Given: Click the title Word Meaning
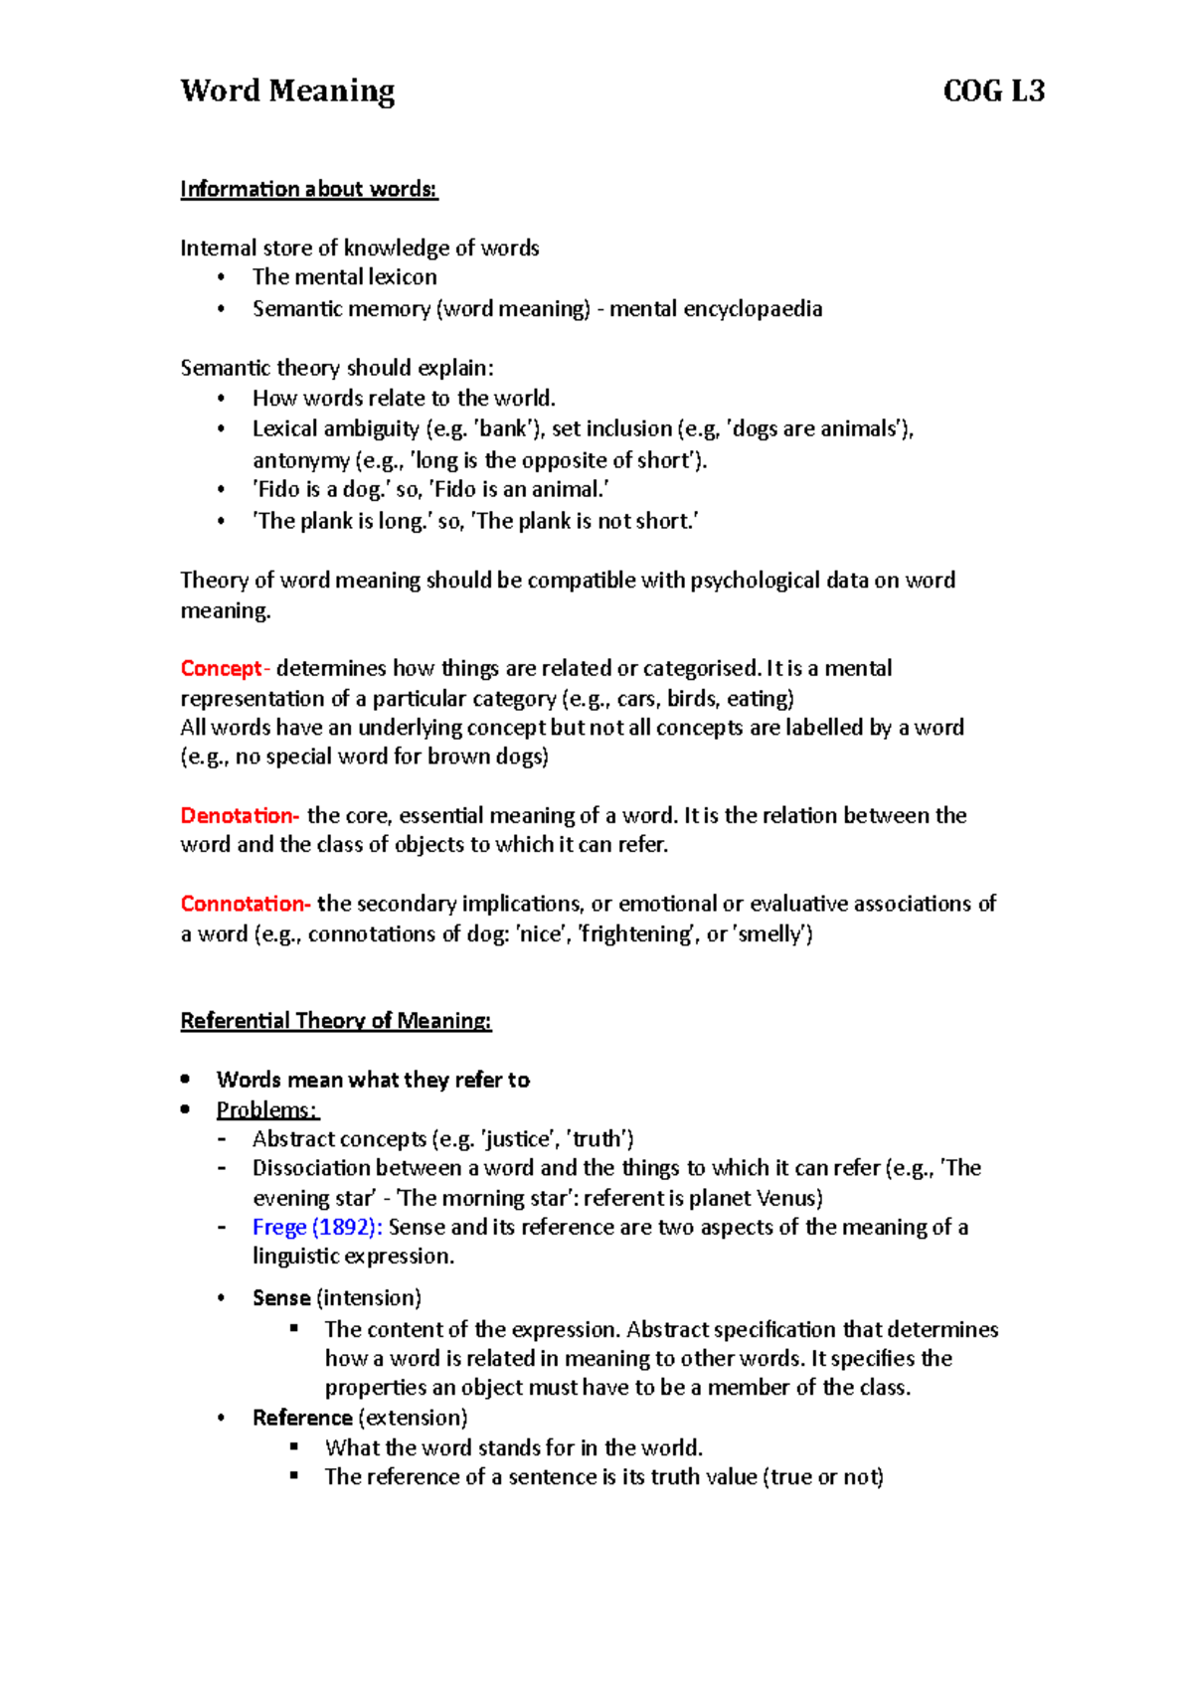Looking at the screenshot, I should (x=287, y=91).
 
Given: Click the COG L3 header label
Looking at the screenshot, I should (x=993, y=91).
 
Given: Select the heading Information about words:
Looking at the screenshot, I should (x=308, y=189).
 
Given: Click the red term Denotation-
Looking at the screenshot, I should (x=239, y=815).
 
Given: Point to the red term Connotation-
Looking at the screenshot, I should (x=245, y=904).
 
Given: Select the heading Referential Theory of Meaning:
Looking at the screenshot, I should (x=335, y=1021).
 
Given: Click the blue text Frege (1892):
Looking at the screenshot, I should (x=317, y=1227).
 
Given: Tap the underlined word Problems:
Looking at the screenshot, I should (x=266, y=1109).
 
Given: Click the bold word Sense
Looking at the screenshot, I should (x=281, y=1298).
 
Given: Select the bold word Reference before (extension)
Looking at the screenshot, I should (x=302, y=1418).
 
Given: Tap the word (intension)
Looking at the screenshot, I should (x=369, y=1298).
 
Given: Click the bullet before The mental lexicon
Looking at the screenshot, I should (x=222, y=277).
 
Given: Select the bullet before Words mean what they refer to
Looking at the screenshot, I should (x=185, y=1080).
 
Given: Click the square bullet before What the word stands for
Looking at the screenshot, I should (x=294, y=1447).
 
